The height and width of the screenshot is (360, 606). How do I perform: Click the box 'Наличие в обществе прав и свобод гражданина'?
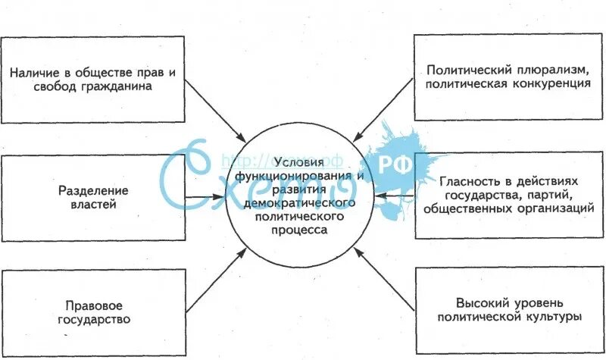92,79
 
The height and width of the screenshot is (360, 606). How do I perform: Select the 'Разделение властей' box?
92,197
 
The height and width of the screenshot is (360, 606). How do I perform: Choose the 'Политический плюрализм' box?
508,77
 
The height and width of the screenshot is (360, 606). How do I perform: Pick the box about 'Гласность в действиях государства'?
508,196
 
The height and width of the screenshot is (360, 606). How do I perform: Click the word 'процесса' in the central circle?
302,230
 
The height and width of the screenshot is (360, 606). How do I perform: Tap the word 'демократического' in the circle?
302,204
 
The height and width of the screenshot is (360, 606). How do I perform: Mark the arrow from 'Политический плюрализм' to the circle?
383,107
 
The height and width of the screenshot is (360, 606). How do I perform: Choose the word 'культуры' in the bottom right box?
558,316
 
